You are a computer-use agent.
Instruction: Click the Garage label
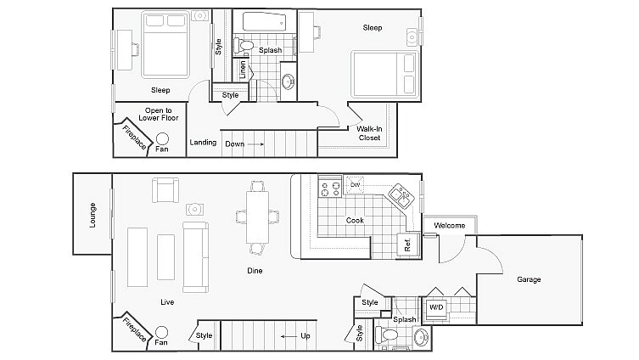[529, 279]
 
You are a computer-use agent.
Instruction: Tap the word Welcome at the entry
[449, 225]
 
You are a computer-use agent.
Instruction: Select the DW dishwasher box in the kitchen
[356, 185]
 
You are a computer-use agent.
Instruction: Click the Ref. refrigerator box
[407, 245]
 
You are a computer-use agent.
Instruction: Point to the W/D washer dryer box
[436, 307]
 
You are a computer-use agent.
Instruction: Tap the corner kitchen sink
[397, 197]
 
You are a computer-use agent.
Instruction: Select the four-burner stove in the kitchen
[329, 186]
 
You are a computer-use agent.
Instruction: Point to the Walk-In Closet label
[368, 132]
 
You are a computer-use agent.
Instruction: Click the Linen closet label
[243, 70]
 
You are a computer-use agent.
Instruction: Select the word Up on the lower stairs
[305, 336]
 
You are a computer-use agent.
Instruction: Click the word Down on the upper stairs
[235, 143]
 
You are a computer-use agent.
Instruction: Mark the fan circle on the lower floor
[161, 332]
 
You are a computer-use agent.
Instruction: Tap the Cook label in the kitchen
[355, 221]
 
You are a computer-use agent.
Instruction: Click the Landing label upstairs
[203, 143]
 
